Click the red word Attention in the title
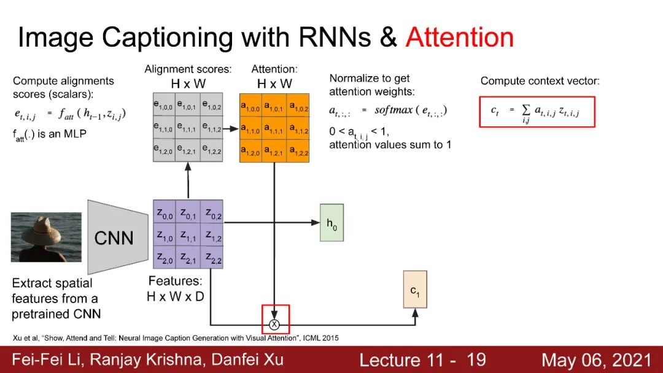pos(459,37)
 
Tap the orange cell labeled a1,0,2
pos(299,106)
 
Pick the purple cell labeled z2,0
pos(164,259)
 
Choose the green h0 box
pos(331,222)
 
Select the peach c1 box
pos(415,289)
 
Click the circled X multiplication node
pos(274,323)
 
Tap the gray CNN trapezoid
pos(115,237)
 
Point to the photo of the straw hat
pos(46,237)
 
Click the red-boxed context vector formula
pos(537,112)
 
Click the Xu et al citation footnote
pos(175,337)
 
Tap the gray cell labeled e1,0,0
pos(164,106)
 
